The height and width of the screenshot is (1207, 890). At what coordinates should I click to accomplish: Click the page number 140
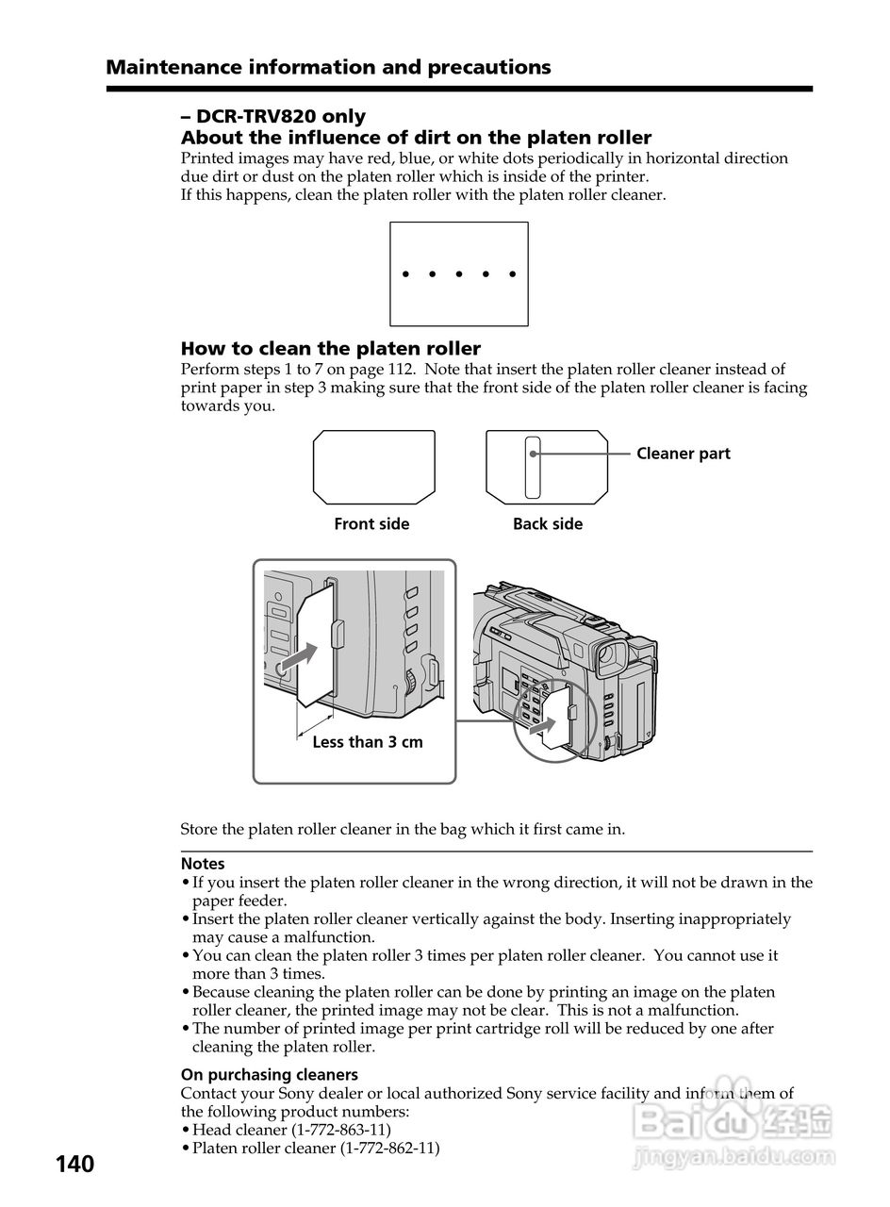[74, 1165]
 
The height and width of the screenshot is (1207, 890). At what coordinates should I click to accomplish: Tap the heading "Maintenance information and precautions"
[328, 67]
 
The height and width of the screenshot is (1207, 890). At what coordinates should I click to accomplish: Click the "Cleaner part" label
[683, 454]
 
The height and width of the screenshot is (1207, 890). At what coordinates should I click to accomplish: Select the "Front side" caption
[371, 524]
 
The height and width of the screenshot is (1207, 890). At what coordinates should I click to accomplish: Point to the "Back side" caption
[548, 524]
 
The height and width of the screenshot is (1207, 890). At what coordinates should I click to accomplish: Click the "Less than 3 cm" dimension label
[367, 742]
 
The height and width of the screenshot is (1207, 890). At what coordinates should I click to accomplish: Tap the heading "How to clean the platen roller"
[330, 349]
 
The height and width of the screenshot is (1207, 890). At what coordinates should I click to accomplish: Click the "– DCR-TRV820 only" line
[273, 117]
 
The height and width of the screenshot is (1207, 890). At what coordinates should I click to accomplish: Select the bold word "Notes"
[203, 864]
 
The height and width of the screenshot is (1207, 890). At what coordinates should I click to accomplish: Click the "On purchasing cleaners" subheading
[269, 1075]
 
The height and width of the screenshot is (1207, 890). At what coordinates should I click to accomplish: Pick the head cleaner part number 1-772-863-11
[341, 1130]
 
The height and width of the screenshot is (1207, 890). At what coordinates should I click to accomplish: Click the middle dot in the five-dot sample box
[459, 274]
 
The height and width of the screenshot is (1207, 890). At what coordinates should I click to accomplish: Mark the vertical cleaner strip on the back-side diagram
[533, 467]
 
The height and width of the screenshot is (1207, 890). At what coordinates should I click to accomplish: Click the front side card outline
[373, 467]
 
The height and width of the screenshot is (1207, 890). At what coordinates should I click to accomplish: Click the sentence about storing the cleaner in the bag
[403, 830]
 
